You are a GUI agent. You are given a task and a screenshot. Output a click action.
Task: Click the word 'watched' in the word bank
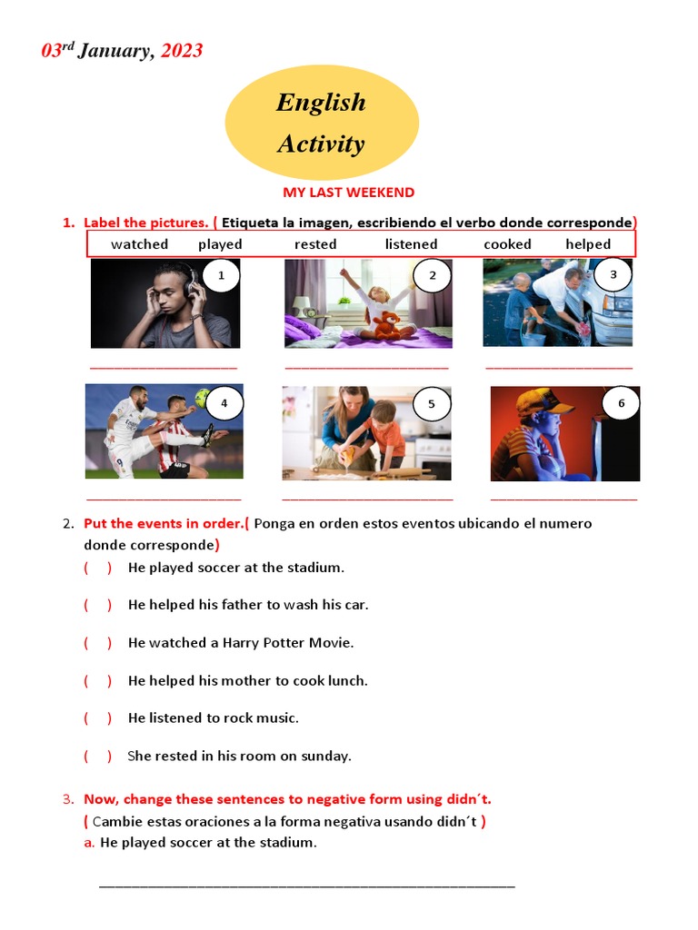tap(139, 244)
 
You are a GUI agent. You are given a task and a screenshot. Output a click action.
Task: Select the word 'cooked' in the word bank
tap(507, 244)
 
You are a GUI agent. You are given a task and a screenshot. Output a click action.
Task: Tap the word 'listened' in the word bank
tap(411, 244)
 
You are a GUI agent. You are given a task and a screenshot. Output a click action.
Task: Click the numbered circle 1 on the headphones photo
tap(221, 275)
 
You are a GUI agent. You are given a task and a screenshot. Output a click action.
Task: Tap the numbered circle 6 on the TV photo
tap(622, 403)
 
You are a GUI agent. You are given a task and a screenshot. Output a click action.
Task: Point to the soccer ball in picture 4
tap(202, 397)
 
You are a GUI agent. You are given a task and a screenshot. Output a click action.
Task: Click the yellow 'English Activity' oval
tap(321, 123)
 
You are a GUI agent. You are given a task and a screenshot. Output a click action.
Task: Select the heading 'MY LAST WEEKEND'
tap(348, 193)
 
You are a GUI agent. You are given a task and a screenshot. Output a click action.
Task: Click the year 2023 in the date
tap(182, 51)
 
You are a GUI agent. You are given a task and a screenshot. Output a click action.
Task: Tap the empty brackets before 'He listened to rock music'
tap(98, 718)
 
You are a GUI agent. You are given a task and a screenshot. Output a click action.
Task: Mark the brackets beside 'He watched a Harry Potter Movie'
tap(98, 643)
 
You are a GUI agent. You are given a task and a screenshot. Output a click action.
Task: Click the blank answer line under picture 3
tap(559, 368)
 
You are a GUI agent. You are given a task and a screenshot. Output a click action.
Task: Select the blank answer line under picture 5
tap(367, 499)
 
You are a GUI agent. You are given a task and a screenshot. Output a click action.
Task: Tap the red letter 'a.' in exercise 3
tap(89, 843)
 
